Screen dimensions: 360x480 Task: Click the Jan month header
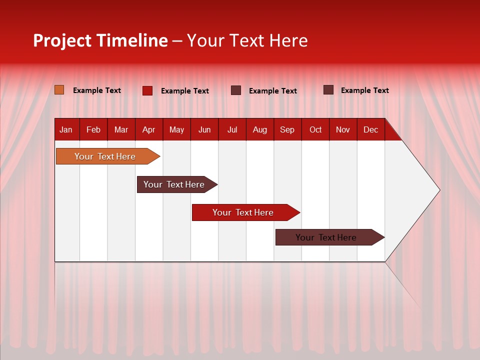coord(66,129)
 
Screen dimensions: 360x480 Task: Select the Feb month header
coord(93,129)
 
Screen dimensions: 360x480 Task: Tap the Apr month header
coord(148,129)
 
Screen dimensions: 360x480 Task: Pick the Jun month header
coord(204,129)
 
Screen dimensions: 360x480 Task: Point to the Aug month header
coord(259,129)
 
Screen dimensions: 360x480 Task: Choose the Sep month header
coord(287,129)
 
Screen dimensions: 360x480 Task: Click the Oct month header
coord(315,129)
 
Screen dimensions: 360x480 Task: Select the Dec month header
coord(370,129)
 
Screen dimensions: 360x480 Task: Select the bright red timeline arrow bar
coord(243,212)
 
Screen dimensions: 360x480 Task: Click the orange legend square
coord(59,90)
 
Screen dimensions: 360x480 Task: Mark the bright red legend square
coord(147,90)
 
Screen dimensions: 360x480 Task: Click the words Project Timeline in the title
coord(100,40)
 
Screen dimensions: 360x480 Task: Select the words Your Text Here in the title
coord(247,40)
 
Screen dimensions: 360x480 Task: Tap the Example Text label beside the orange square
coord(97,90)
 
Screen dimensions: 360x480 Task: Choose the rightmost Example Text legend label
coord(365,90)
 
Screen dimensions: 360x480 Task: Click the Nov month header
coord(343,129)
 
